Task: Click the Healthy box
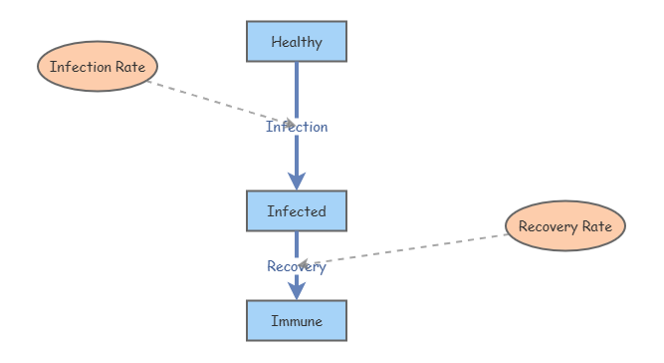point(297,42)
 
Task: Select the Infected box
point(297,211)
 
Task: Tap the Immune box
point(297,321)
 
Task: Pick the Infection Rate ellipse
point(98,66)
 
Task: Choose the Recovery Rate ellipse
point(565,226)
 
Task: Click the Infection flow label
point(297,127)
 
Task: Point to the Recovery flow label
point(297,266)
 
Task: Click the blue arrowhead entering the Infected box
point(297,181)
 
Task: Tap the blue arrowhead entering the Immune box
point(297,291)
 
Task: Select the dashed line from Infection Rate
point(221,103)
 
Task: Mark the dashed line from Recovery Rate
point(403,250)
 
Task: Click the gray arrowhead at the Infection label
point(291,124)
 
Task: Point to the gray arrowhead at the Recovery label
point(303,265)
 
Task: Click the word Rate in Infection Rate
point(130,67)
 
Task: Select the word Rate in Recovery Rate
point(597,226)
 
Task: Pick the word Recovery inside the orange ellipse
point(548,227)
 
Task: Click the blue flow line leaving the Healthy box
point(297,90)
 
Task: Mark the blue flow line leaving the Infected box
point(297,244)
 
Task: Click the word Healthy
point(297,42)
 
